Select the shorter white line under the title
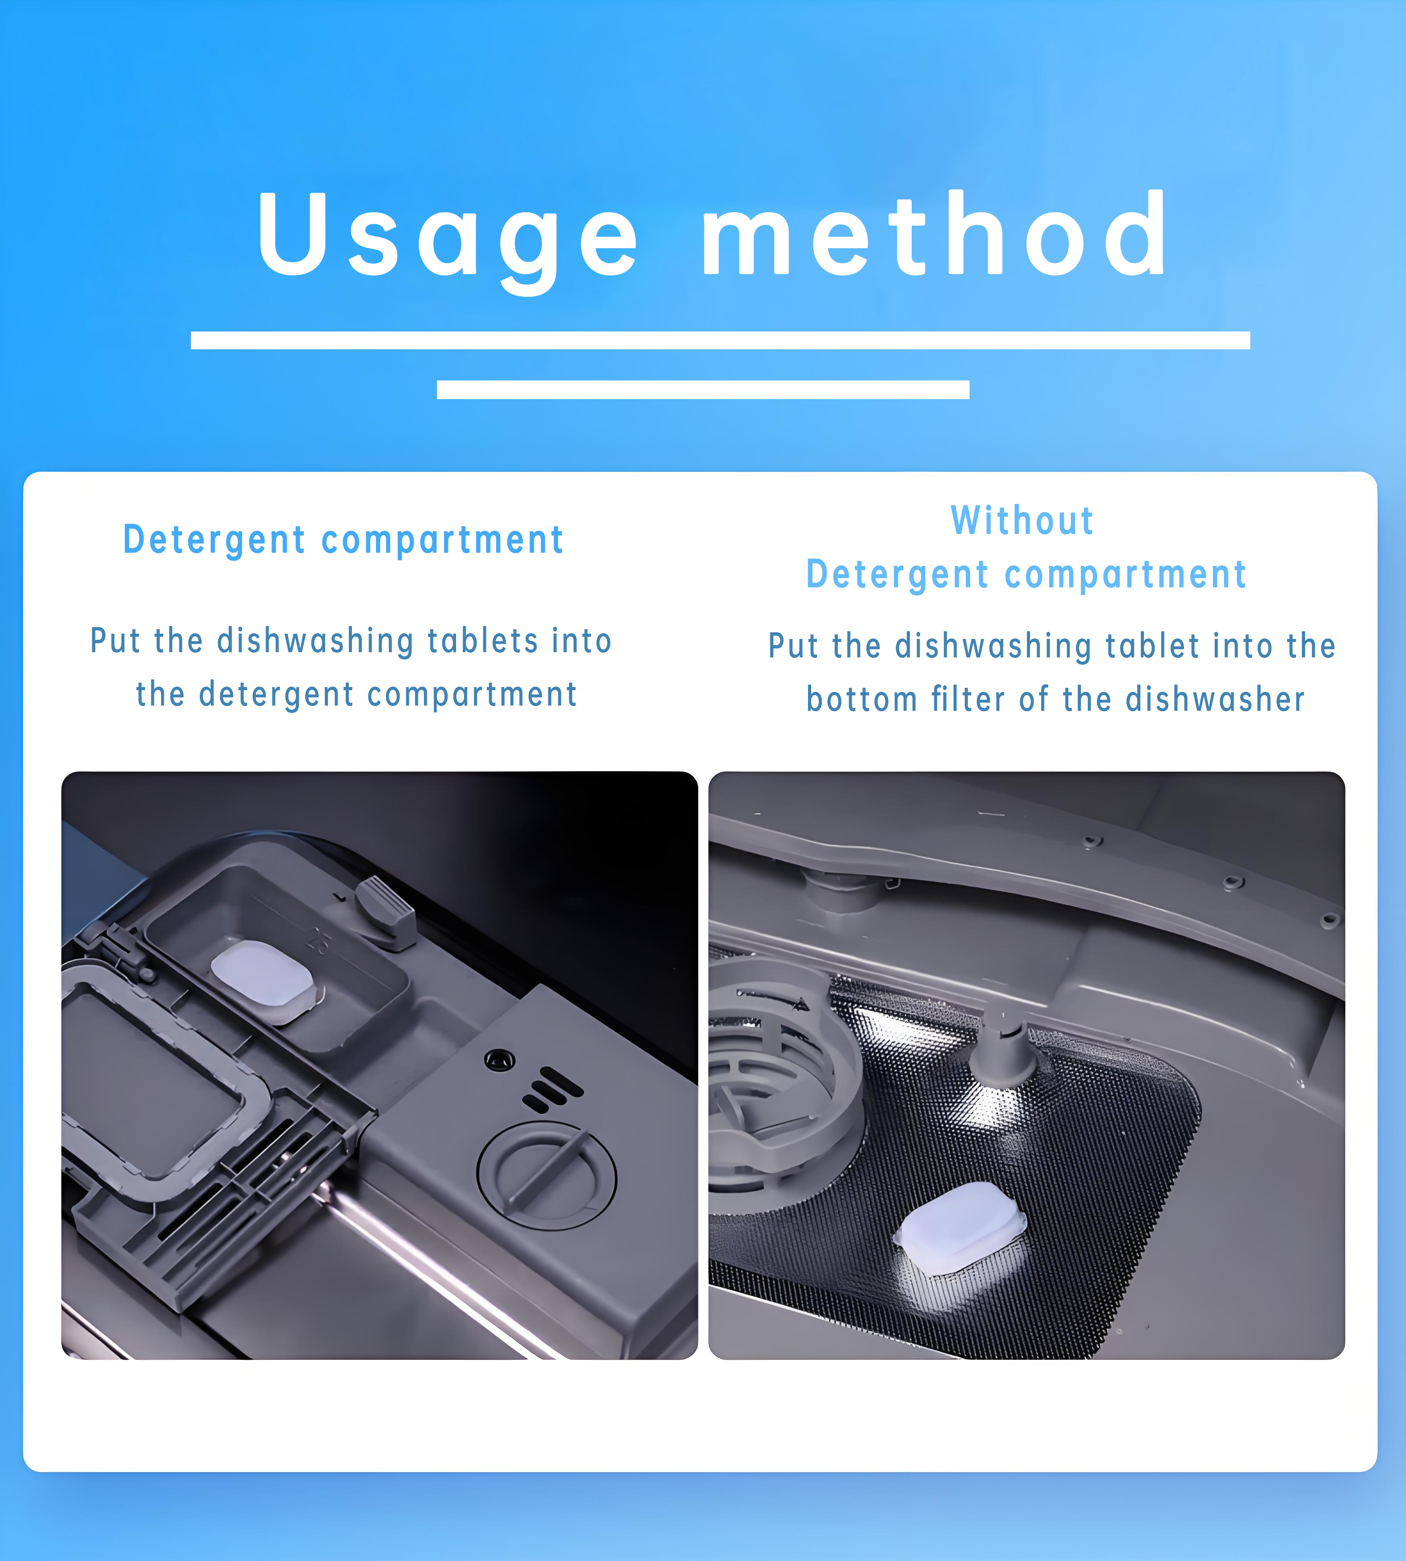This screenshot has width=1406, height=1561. point(703,389)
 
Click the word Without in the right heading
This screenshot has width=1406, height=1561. point(1022,520)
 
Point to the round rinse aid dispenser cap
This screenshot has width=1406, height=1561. point(547,1175)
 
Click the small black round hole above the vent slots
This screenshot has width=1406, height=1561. point(499,1060)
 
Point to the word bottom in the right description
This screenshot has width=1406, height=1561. point(861,700)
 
